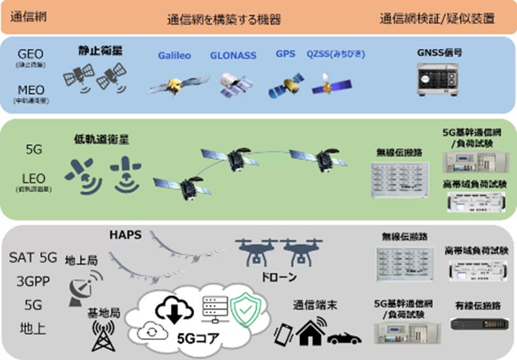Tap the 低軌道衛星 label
pyautogui.click(x=101, y=140)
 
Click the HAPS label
pyautogui.click(x=125, y=235)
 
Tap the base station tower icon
pyautogui.click(x=102, y=337)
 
